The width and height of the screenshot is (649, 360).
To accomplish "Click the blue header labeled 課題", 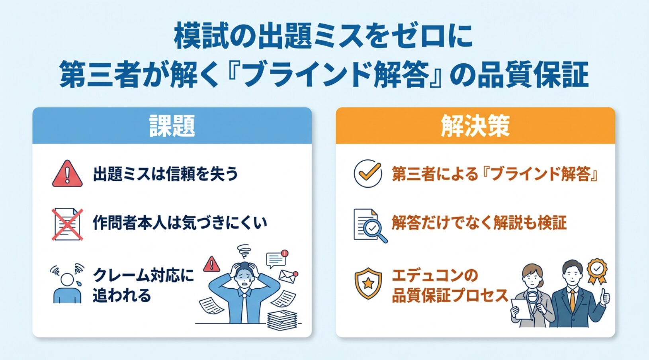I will click(x=172, y=125).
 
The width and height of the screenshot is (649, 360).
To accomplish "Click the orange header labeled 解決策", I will click(x=475, y=125).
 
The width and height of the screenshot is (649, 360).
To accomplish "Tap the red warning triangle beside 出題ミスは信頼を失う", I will click(x=67, y=174).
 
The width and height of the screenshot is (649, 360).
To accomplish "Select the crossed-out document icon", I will click(x=67, y=224).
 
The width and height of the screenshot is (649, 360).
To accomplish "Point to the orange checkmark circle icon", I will click(x=368, y=174).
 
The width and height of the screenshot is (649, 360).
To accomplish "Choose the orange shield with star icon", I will click(x=368, y=283).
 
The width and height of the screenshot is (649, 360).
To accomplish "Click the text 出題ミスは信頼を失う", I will click(x=165, y=174).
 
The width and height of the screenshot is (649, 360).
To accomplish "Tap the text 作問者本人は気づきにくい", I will click(x=180, y=223).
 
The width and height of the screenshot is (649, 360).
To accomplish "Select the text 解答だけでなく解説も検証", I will click(x=479, y=223).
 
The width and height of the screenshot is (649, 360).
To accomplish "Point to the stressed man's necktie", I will click(x=245, y=309).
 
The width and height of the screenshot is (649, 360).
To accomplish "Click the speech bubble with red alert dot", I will click(x=277, y=259).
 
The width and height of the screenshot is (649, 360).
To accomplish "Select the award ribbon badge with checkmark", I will click(x=597, y=270).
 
